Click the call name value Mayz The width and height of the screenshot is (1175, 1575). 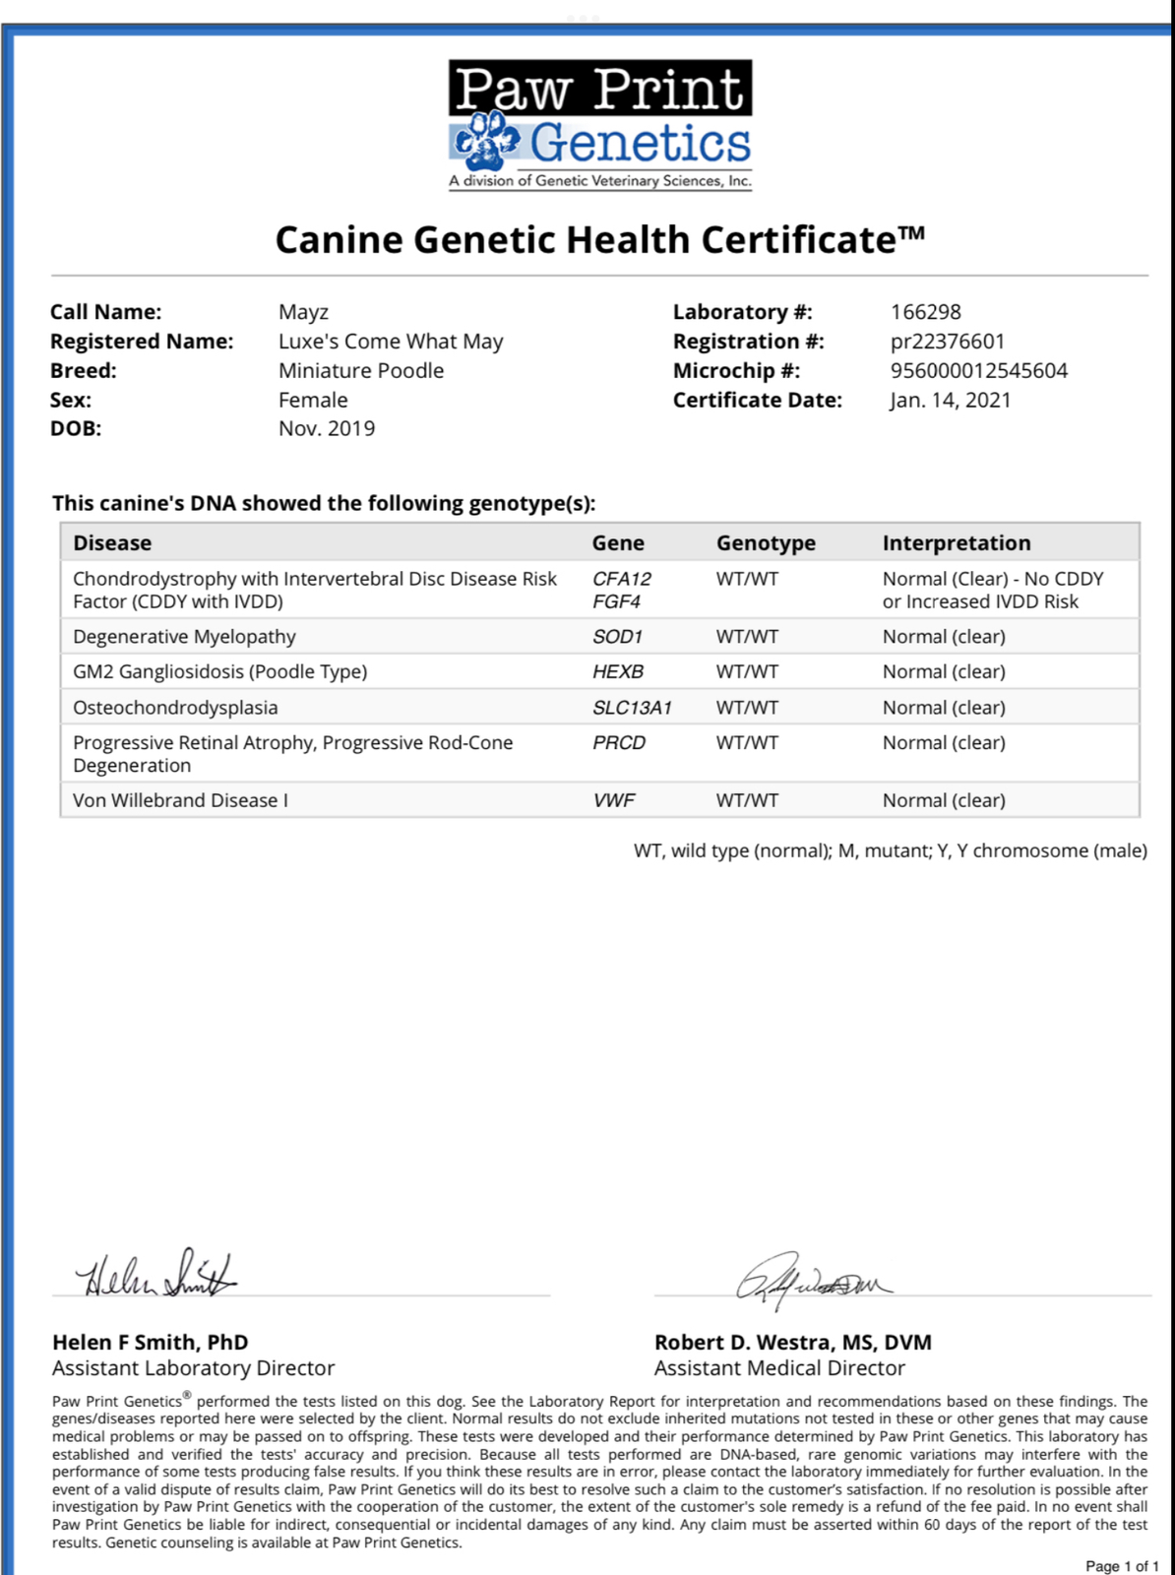pyautogui.click(x=303, y=312)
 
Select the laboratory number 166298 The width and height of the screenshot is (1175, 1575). pyautogui.click(x=925, y=312)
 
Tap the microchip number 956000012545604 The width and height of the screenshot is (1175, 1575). pyautogui.click(x=978, y=371)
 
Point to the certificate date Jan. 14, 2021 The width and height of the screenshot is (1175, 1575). pyautogui.click(x=950, y=400)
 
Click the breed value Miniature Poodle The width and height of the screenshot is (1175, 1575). pyautogui.click(x=360, y=371)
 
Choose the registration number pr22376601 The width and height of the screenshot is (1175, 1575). pyautogui.click(x=947, y=342)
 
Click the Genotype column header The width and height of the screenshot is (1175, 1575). pyautogui.click(x=766, y=543)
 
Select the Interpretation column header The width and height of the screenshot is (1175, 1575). pyautogui.click(x=956, y=543)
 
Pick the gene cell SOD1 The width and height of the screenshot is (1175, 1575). pyautogui.click(x=617, y=637)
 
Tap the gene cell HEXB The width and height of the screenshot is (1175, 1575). pyautogui.click(x=617, y=672)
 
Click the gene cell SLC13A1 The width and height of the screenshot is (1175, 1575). pyautogui.click(x=632, y=708)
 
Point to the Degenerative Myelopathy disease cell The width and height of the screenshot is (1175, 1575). pyautogui.click(x=184, y=637)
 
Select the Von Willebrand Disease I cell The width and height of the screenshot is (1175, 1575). pyautogui.click(x=180, y=800)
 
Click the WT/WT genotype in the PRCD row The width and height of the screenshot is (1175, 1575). pyautogui.click(x=747, y=743)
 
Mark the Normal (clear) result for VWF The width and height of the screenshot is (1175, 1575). pyautogui.click(x=943, y=800)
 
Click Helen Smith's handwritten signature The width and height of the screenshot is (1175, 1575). pyautogui.click(x=157, y=1275)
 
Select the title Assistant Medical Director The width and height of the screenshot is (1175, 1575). pyautogui.click(x=779, y=1368)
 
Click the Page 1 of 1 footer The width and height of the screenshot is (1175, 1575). pyautogui.click(x=1121, y=1565)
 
